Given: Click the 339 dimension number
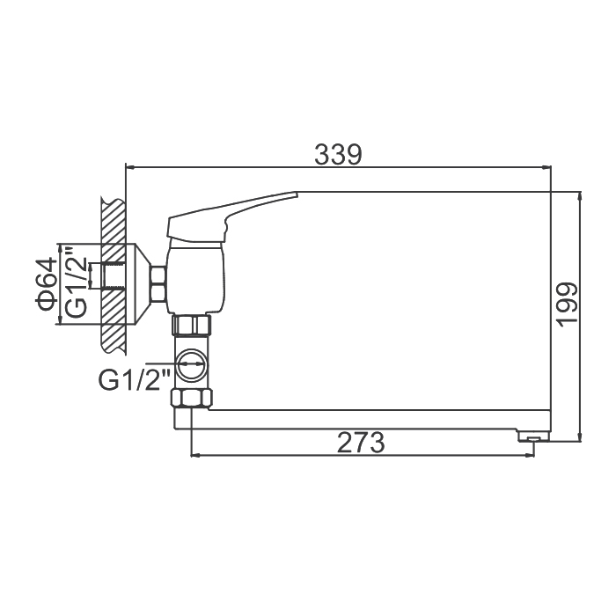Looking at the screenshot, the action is click(338, 155).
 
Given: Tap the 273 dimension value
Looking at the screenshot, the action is click(361, 443).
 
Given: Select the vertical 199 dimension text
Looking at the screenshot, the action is click(568, 304).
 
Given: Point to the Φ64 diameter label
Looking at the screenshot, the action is click(46, 282).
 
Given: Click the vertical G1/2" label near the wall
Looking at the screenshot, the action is click(76, 282).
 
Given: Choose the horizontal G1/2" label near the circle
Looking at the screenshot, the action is click(134, 380).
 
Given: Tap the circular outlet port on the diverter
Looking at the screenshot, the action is click(190, 364).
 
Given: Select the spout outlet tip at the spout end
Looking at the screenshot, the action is click(533, 436).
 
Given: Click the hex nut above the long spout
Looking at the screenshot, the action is click(191, 398).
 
